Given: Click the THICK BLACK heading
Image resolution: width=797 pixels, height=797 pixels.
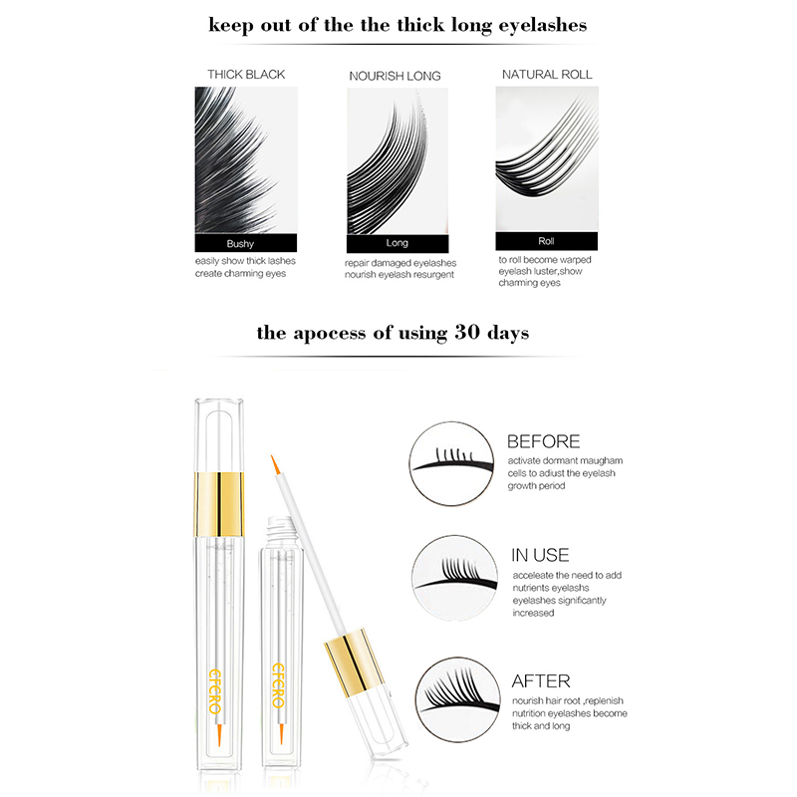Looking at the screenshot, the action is coord(246,74).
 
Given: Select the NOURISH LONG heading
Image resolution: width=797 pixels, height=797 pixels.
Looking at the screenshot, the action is coord(395,76).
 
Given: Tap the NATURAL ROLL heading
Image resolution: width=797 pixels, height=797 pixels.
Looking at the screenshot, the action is coord(547,74).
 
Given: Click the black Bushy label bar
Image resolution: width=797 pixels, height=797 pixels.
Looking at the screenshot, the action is coord(245,243).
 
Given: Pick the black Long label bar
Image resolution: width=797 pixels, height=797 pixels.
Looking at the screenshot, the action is coord(398,243).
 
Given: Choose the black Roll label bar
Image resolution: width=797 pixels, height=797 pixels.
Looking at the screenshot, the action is coord(546,241).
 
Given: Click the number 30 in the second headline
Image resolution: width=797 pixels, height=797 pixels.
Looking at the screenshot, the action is coord(466,332).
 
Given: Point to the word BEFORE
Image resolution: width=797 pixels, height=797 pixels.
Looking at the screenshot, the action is coord(543,441).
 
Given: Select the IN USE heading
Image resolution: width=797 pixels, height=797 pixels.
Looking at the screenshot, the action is coord(540,555).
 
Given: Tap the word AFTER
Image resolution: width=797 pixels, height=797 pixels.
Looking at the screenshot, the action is coord(541,680).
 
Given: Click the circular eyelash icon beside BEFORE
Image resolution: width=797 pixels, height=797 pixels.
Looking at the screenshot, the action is coord(451,463).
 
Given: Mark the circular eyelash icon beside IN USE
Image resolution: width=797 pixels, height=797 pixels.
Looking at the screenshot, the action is coord(454,578).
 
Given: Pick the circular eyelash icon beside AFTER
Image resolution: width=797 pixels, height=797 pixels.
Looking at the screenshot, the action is coord(457,700).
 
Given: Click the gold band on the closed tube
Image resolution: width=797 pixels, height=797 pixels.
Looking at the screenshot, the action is coord(219,504).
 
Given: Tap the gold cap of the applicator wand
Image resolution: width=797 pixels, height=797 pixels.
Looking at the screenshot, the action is coord(354,663).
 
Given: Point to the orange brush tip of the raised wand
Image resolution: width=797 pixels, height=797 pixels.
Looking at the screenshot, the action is coord(275,464).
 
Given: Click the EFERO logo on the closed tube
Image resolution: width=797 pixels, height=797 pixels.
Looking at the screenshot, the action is coord(215,690).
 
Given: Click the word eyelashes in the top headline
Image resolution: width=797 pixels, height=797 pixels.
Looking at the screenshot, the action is coord(542,26).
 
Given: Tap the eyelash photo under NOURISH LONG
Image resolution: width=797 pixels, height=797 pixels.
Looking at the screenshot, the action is coord(398,161).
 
